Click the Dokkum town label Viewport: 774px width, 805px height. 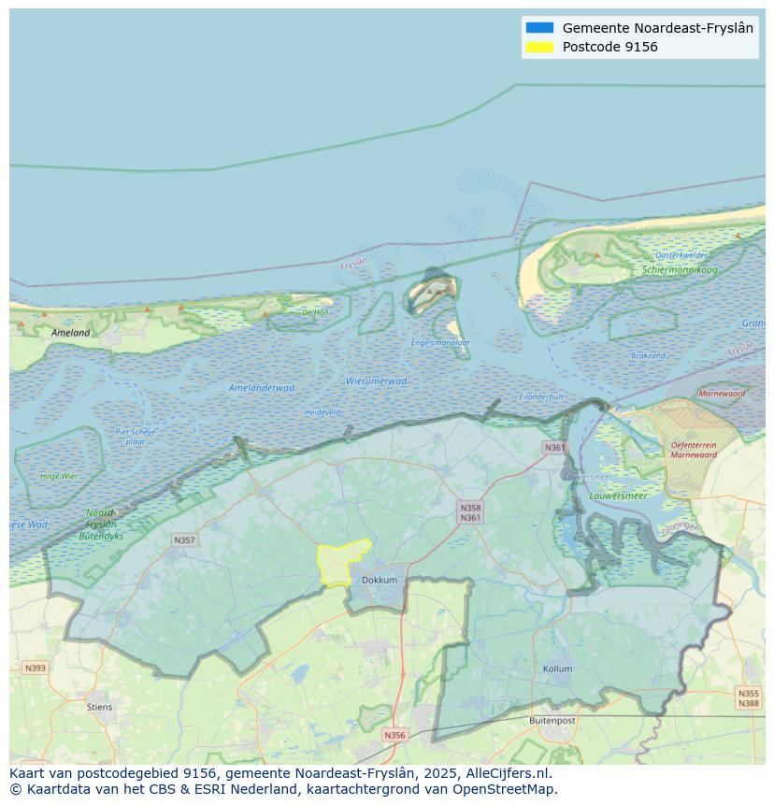379,580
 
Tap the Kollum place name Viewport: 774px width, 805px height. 557,668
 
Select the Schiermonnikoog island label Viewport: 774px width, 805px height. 680,270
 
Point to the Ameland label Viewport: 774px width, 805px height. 71,332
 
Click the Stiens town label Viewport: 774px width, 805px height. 99,707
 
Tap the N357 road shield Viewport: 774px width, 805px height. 184,540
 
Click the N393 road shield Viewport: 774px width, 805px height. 35,668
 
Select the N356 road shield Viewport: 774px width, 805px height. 394,735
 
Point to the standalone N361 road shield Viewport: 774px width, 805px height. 554,448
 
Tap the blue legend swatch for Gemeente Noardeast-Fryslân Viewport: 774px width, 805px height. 539,28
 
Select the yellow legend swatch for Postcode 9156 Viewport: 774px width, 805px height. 539,47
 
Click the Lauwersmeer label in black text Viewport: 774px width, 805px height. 618,496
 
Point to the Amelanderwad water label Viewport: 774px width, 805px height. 262,387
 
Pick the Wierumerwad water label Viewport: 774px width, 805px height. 376,381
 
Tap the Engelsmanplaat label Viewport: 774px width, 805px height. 440,342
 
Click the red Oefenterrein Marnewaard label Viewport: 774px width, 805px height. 694,450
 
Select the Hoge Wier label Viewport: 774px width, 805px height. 59,476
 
